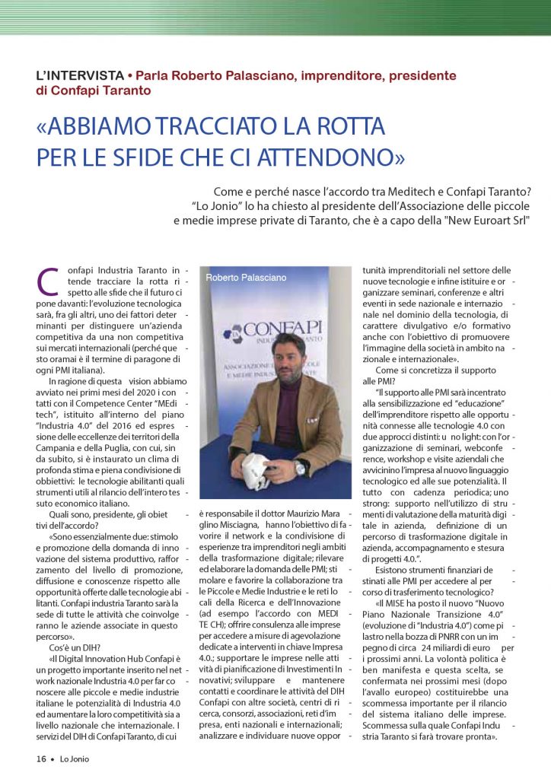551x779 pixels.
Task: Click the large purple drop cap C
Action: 48,281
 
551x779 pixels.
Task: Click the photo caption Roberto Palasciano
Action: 241,278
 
